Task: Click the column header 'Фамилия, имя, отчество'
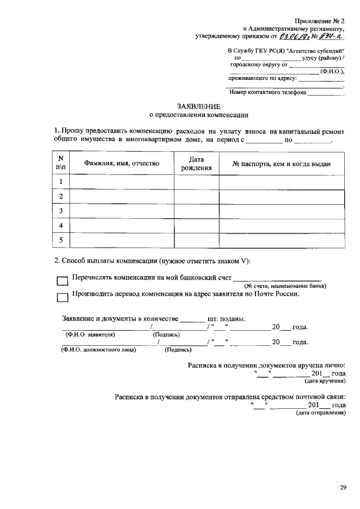pyautogui.click(x=121, y=164)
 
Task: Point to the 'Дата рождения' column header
pyautogui.click(x=196, y=164)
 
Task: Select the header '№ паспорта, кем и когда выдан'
pyautogui.click(x=281, y=164)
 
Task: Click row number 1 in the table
pyautogui.click(x=60, y=181)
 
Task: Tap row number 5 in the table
pyautogui.click(x=60, y=240)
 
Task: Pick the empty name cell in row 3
pyautogui.click(x=121, y=210)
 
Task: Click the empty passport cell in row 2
pyautogui.click(x=281, y=196)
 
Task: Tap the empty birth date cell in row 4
pyautogui.click(x=196, y=225)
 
